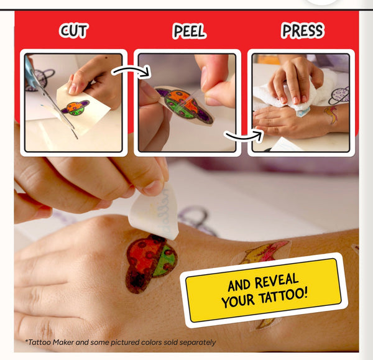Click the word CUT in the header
[73, 30]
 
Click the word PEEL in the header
[188, 30]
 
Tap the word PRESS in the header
[303, 30]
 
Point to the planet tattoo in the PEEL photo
[185, 105]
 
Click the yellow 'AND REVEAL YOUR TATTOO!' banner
[264, 290]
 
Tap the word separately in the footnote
[195, 343]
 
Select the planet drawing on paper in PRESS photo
[339, 95]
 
